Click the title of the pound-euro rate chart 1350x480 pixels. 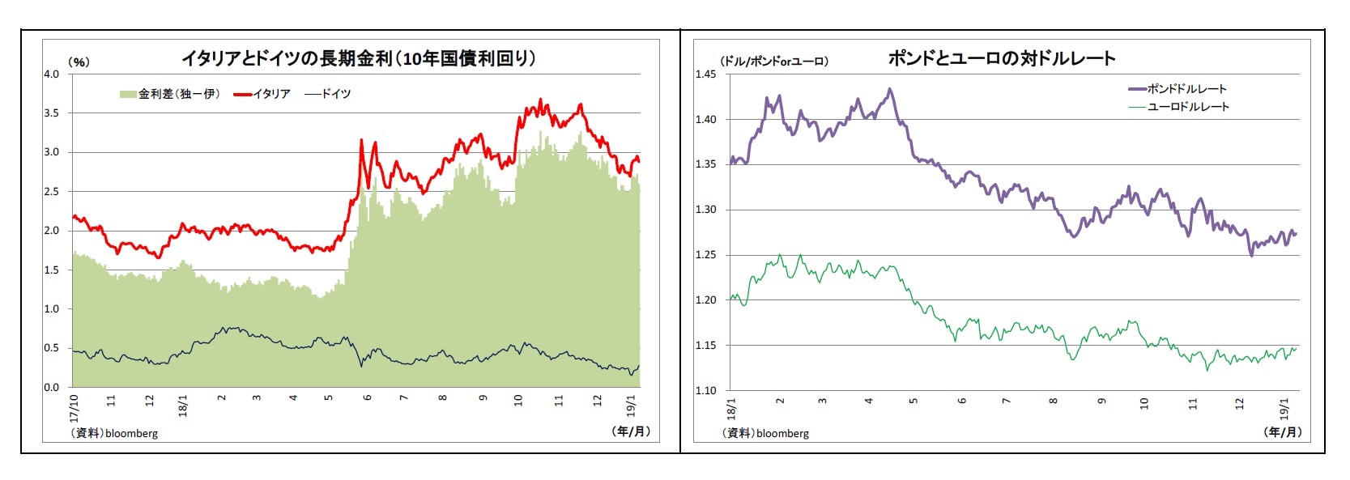click(x=1001, y=58)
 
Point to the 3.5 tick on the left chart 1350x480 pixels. click(x=52, y=113)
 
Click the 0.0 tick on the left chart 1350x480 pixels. click(x=52, y=387)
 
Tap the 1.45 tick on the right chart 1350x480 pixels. click(x=705, y=74)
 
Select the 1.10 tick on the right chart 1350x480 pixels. click(x=705, y=390)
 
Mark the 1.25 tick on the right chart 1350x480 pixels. click(x=705, y=255)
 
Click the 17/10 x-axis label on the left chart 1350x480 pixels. click(x=75, y=408)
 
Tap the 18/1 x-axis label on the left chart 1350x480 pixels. click(x=183, y=406)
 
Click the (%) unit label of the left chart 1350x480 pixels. click(x=79, y=62)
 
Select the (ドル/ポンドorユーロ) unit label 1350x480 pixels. click(x=773, y=61)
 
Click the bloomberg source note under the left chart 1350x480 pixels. click(x=114, y=433)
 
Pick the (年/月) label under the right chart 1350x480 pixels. click(x=1283, y=431)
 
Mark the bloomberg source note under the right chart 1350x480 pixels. click(x=765, y=433)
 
